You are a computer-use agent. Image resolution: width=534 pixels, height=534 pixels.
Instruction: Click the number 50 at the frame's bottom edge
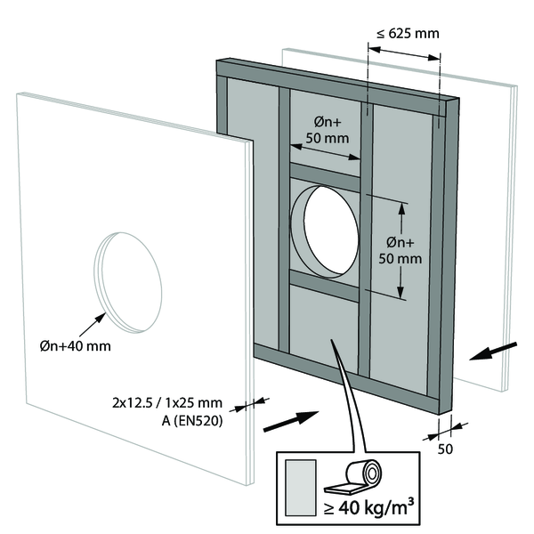[445, 449]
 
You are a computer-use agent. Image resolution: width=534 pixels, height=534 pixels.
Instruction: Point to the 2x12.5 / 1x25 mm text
[170, 404]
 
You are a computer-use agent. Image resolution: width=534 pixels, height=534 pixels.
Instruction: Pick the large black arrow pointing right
[291, 420]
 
